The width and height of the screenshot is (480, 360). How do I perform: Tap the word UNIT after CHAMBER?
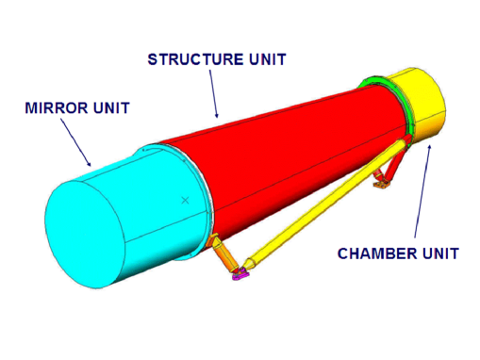coord(439,253)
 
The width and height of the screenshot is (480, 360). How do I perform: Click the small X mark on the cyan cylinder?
coord(186,200)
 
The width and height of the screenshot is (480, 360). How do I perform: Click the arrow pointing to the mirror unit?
coord(76,141)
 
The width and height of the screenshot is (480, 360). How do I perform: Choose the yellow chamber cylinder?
coord(424,104)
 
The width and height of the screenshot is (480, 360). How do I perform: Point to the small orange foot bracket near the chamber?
coord(380,187)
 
